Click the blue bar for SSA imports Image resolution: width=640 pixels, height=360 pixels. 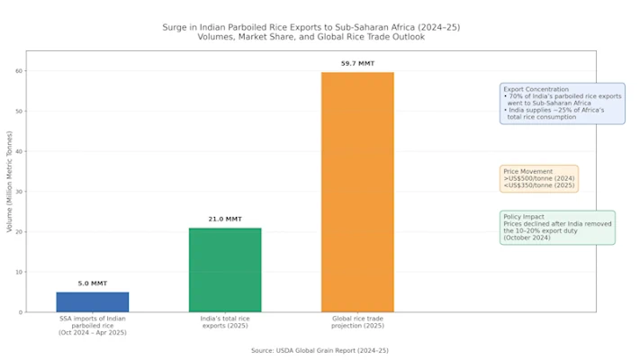point(92,301)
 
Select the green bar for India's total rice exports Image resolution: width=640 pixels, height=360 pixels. point(225,270)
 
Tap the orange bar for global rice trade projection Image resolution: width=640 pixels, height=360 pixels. point(357,192)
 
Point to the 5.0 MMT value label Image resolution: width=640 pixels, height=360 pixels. point(92,283)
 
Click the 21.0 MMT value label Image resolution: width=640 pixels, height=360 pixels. point(225,220)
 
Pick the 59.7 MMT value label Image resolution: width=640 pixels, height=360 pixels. point(357,64)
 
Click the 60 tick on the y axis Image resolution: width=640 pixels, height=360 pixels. point(19,71)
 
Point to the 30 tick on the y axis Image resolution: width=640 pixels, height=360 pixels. point(19,192)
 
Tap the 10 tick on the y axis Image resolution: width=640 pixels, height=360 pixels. point(19,272)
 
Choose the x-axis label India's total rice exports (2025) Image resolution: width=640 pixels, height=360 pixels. point(225,322)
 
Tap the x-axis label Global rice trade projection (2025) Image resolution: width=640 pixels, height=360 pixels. point(357,322)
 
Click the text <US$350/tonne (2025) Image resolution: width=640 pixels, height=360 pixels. point(539,185)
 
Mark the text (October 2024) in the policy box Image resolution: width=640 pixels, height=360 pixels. point(529,238)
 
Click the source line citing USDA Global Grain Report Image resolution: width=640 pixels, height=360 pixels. point(320,350)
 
